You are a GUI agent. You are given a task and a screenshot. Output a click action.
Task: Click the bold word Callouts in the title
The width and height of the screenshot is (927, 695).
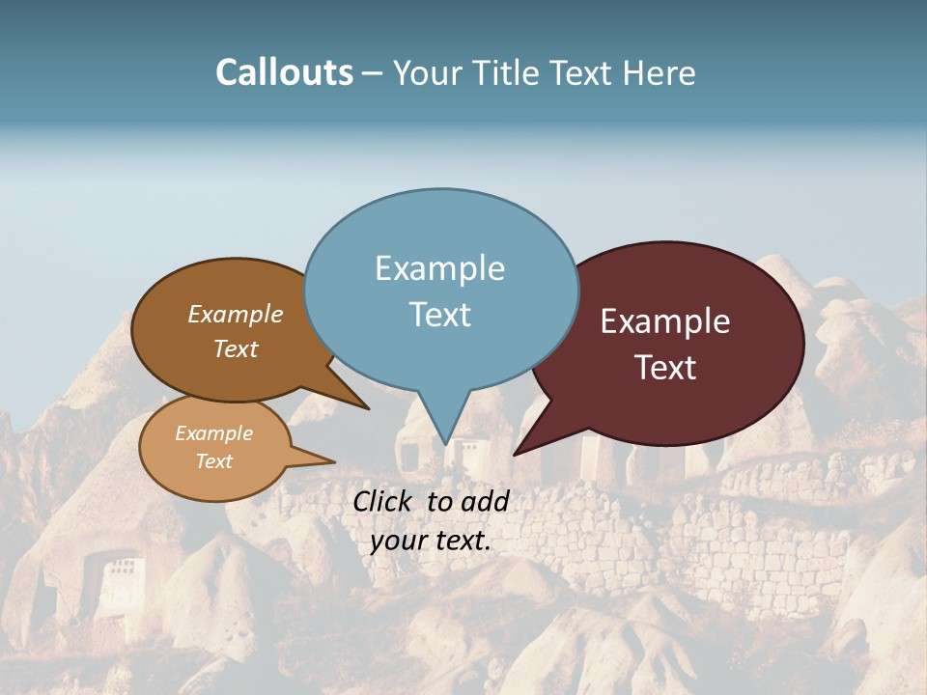pyautogui.click(x=284, y=72)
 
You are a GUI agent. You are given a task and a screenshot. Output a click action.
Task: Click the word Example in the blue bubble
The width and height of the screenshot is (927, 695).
pyautogui.click(x=439, y=268)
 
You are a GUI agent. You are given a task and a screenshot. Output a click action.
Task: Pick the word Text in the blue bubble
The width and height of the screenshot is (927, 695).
pyautogui.click(x=439, y=315)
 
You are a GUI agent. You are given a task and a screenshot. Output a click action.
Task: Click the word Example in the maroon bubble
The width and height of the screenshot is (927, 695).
pyautogui.click(x=665, y=321)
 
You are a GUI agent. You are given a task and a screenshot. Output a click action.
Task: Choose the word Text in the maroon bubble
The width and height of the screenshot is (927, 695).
pyautogui.click(x=665, y=368)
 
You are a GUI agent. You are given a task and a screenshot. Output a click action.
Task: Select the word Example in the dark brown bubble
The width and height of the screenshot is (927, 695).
pyautogui.click(x=235, y=314)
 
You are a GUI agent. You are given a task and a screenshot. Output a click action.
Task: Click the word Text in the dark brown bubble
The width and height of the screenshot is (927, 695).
pyautogui.click(x=235, y=348)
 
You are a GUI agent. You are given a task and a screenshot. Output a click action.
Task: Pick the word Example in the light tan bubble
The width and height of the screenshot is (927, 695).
pyautogui.click(x=213, y=433)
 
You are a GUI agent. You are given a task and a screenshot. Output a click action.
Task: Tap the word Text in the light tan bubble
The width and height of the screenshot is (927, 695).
pyautogui.click(x=213, y=461)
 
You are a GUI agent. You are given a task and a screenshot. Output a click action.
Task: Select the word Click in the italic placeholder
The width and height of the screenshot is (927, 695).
pyautogui.click(x=385, y=501)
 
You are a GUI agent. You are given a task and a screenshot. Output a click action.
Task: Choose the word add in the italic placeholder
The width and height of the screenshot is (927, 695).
pyautogui.click(x=485, y=501)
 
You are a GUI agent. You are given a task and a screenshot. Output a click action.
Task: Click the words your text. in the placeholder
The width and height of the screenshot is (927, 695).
pyautogui.click(x=430, y=542)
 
